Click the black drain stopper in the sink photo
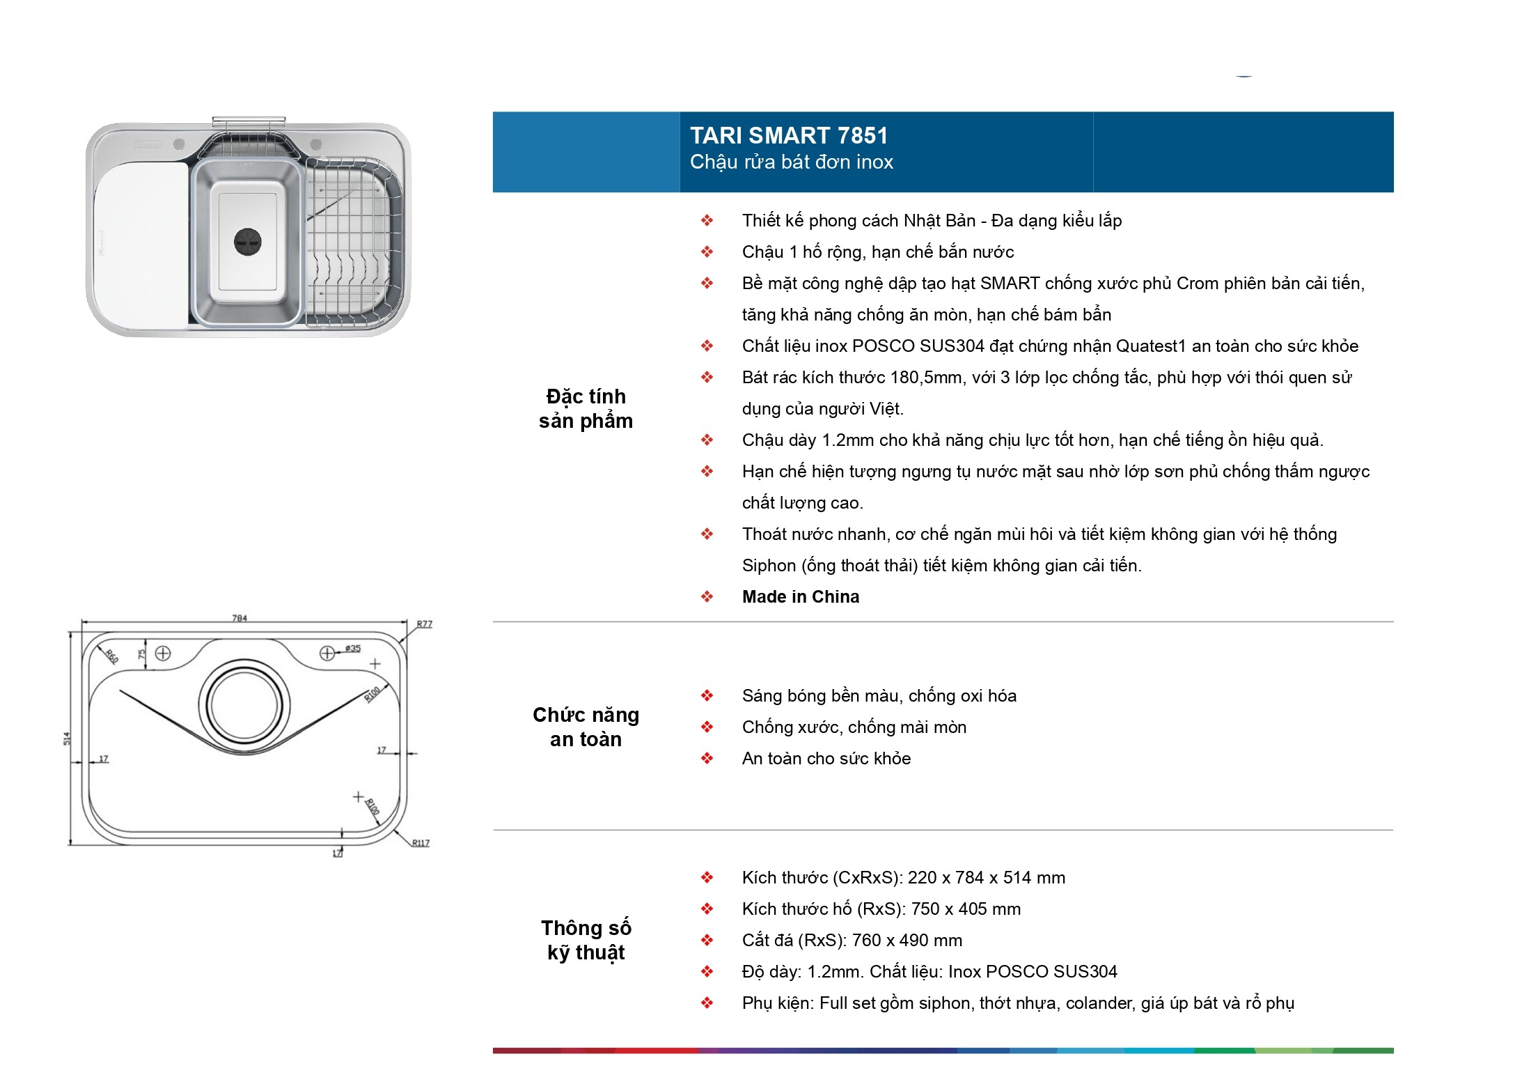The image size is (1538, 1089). pos(247,242)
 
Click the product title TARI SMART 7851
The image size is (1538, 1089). pos(789,135)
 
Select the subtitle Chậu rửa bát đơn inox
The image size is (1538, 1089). pos(792,162)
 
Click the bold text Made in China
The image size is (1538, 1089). pos(801,597)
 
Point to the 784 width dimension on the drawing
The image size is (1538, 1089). pos(240,617)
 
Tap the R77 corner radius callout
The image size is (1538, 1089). pos(424,624)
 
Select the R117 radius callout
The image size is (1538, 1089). pos(421,843)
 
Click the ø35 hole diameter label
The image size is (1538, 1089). pos(353,649)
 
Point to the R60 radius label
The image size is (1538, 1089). pos(112,656)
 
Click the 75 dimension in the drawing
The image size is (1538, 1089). pos(142,655)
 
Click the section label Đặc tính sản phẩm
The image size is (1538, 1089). pos(586,408)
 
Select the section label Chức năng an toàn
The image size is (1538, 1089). pos(586,727)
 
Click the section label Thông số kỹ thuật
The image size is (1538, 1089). pos(586,940)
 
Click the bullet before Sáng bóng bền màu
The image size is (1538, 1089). pos(707,695)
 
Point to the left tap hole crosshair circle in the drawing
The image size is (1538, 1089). pos(163,653)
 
